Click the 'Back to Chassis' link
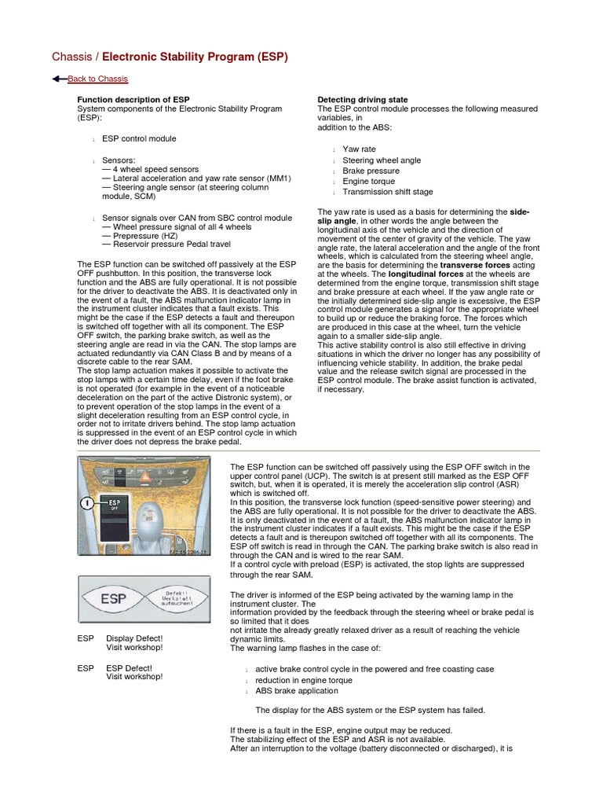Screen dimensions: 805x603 click(97, 79)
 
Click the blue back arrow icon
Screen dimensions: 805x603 click(59, 79)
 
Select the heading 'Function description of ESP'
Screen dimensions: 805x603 click(133, 100)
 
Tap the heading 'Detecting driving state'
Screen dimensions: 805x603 click(362, 100)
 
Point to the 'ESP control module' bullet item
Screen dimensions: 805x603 click(139, 138)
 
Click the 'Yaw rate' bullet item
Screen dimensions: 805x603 click(359, 149)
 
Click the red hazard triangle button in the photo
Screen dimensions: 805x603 click(145, 476)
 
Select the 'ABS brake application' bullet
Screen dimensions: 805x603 click(297, 691)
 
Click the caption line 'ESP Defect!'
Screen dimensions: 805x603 click(129, 668)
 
